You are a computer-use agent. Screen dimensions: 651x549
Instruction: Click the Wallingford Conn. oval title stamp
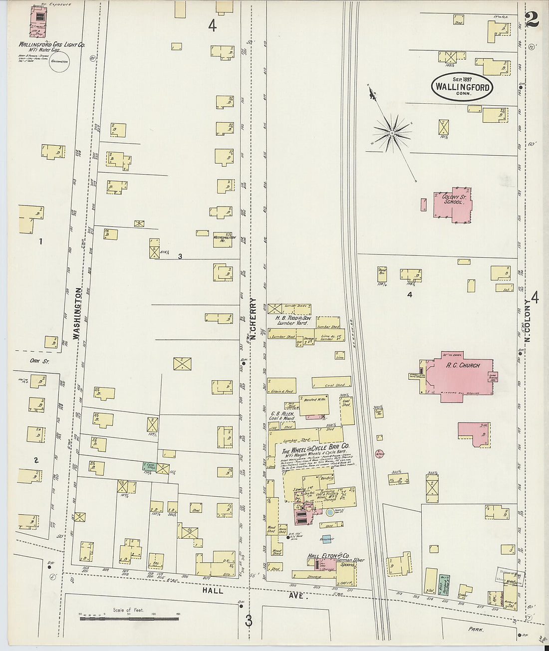(463, 86)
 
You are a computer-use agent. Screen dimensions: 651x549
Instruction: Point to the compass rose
(393, 133)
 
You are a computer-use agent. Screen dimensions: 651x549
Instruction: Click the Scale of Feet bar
(129, 619)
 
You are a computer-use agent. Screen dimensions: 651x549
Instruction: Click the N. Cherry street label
(253, 319)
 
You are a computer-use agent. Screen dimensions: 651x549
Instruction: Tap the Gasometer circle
(59, 63)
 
